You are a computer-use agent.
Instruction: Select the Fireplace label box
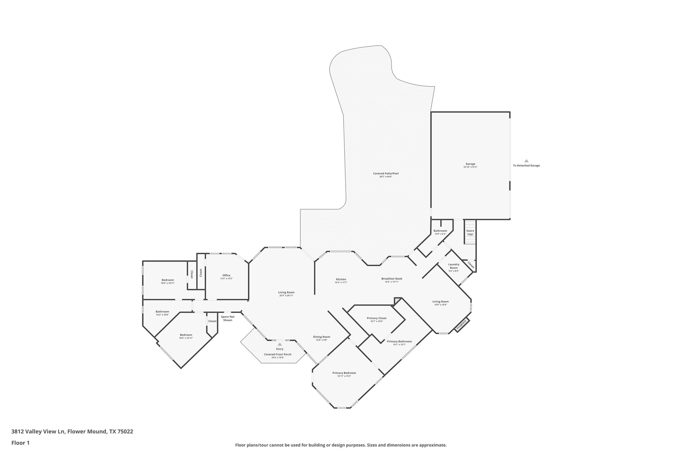[x=462, y=324]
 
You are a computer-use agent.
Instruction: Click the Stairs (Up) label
[x=470, y=232]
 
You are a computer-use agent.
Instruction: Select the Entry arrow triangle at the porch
[x=280, y=344]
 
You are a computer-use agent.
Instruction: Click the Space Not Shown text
[x=227, y=318]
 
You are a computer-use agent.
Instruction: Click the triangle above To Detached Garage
[x=526, y=161]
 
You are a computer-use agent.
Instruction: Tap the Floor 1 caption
[x=20, y=443]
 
